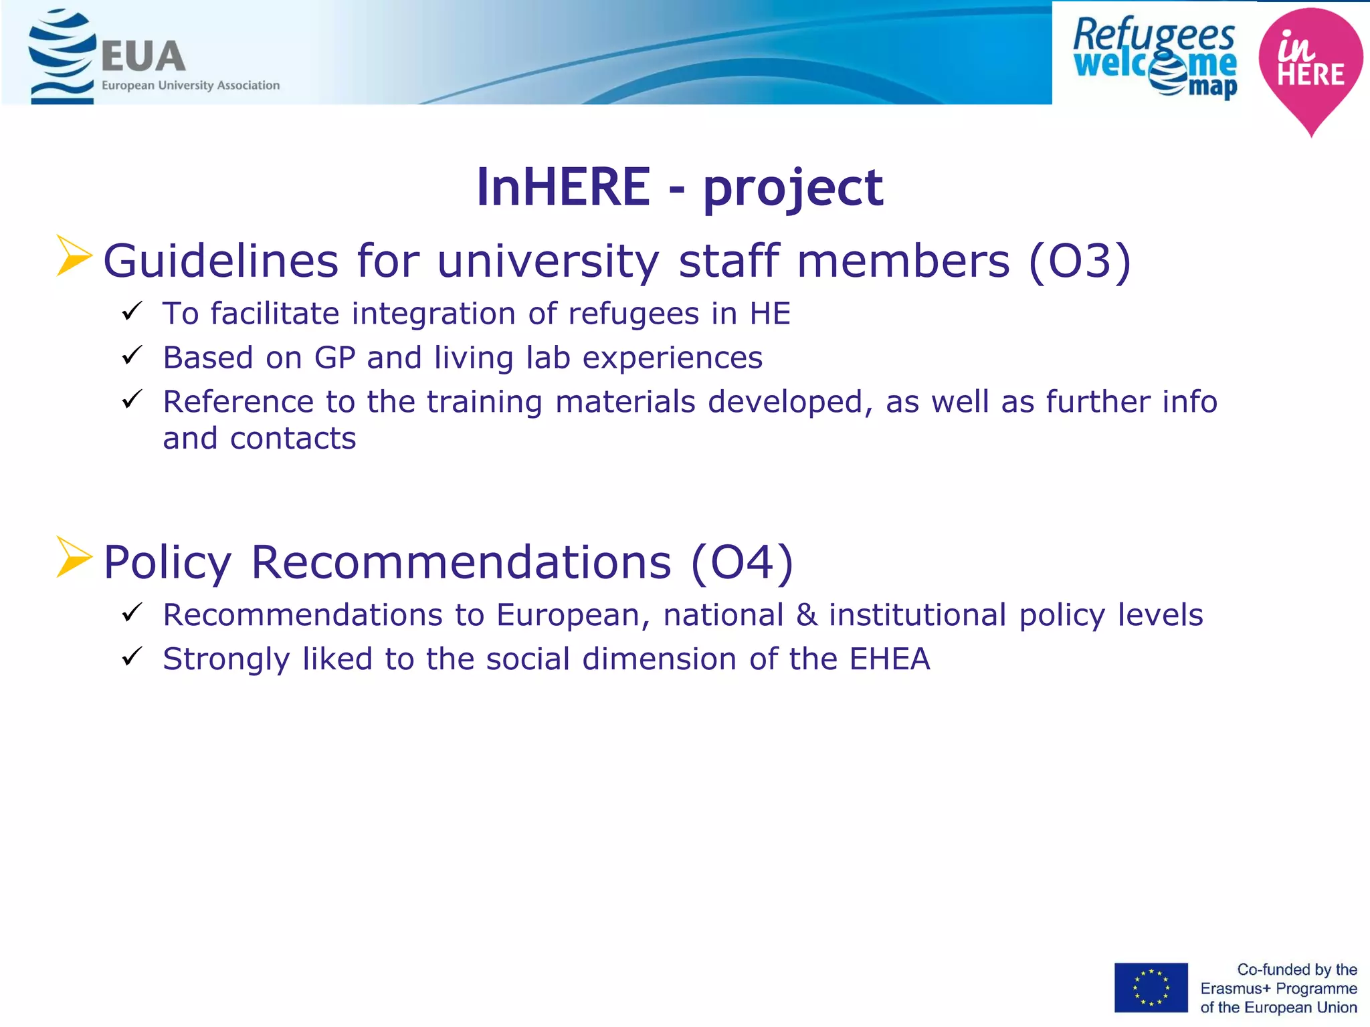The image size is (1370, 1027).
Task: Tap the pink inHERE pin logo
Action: tap(1310, 67)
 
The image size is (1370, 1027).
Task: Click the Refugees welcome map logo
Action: tap(1155, 58)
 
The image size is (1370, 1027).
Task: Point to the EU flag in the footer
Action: tap(1151, 988)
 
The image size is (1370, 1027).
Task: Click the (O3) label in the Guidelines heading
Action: tap(1079, 261)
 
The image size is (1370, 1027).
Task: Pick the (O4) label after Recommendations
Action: tap(742, 562)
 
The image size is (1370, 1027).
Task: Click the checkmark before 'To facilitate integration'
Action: tap(132, 311)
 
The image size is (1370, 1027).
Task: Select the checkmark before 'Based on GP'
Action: tap(132, 355)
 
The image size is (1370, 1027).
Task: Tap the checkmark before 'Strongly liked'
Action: tap(132, 657)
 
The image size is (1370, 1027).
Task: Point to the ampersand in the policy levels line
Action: tap(807, 615)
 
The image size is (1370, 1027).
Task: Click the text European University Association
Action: tap(191, 86)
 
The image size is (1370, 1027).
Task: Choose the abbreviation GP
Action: tap(334, 358)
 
